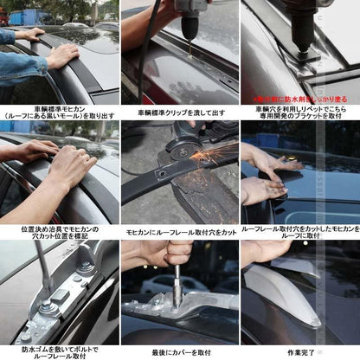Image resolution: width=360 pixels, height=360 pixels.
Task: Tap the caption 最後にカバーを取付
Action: (x=180, y=352)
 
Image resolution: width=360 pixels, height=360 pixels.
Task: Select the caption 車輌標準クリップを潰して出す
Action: (x=180, y=113)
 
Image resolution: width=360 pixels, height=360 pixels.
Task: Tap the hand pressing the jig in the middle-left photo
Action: (x=69, y=164)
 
